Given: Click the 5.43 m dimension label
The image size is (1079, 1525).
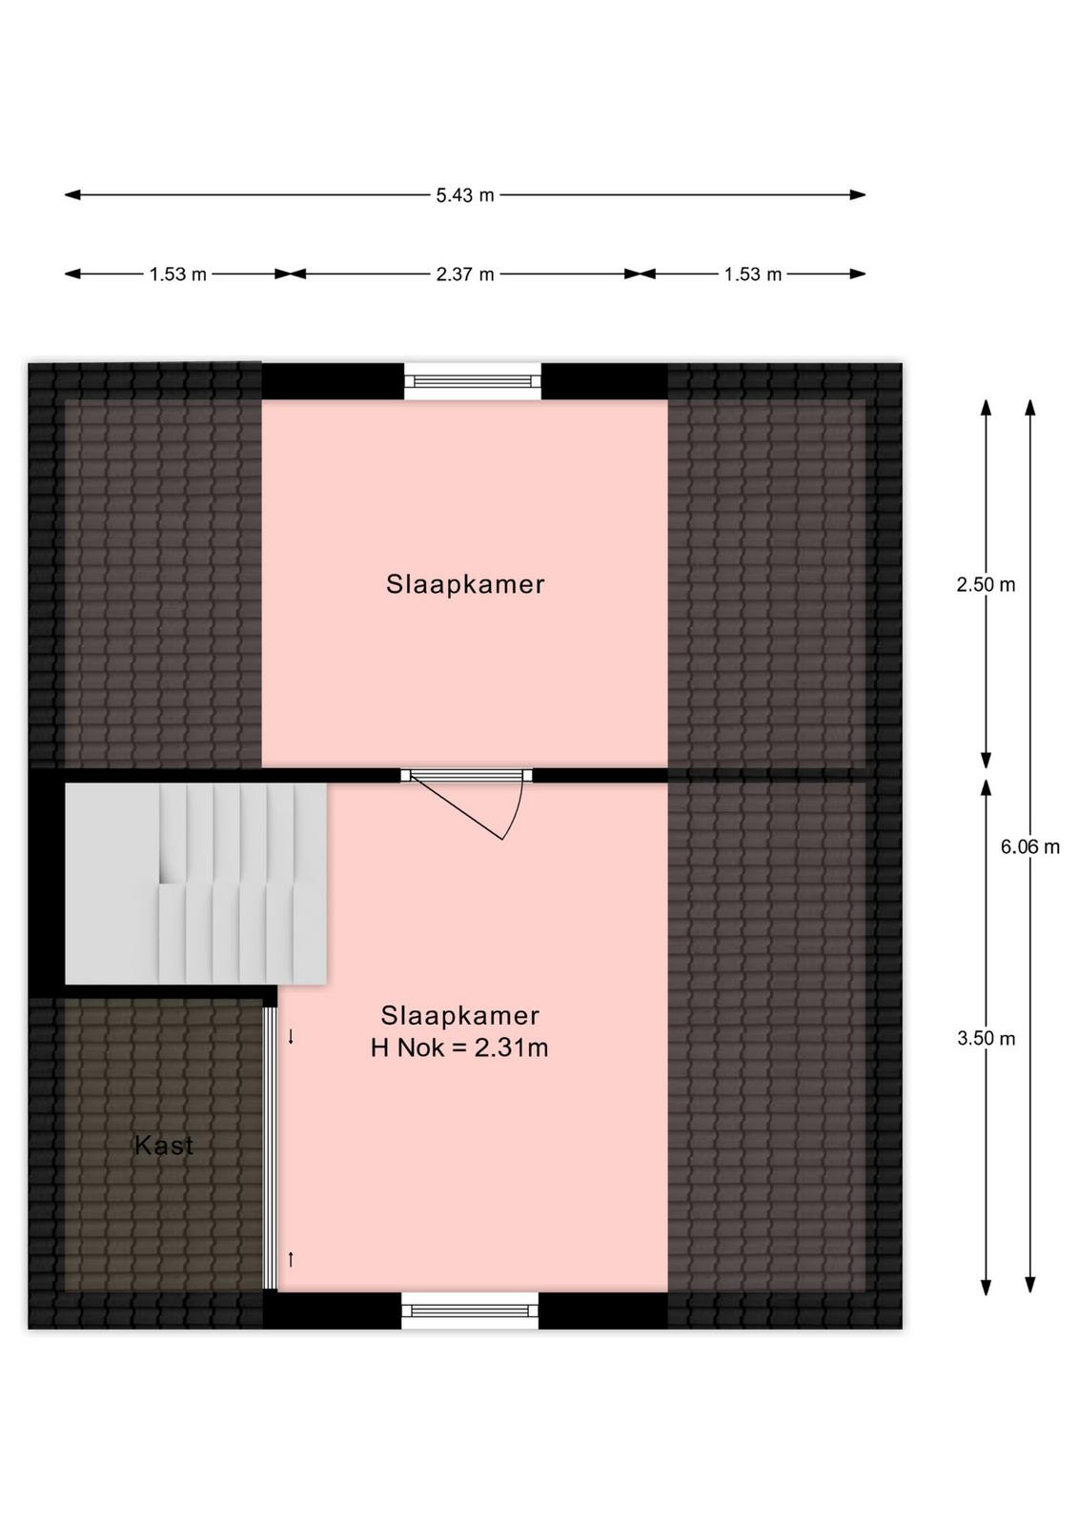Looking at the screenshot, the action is pyautogui.click(x=465, y=195).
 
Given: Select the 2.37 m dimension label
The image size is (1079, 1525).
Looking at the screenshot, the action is pyautogui.click(x=465, y=274).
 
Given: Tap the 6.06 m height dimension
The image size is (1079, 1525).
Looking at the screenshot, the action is pyautogui.click(x=1030, y=846).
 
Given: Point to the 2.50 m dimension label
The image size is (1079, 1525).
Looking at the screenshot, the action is pyautogui.click(x=986, y=584).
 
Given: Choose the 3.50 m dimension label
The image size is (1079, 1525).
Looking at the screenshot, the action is pyautogui.click(x=986, y=1038).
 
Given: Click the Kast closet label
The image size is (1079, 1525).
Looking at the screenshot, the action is pyautogui.click(x=164, y=1145).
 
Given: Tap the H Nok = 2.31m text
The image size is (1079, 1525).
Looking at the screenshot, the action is pyautogui.click(x=459, y=1047).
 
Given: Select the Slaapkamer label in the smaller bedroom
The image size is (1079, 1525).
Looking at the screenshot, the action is pyautogui.click(x=466, y=584).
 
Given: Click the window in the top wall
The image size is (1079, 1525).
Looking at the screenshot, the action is pyautogui.click(x=473, y=381).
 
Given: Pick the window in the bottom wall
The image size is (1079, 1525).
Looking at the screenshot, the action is pyautogui.click(x=470, y=1311).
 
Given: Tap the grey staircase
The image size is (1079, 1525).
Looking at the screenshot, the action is pyautogui.click(x=195, y=883).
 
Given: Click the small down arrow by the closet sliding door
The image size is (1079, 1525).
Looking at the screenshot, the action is pyautogui.click(x=291, y=1036).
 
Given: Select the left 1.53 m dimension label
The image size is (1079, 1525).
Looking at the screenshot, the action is pyautogui.click(x=177, y=274).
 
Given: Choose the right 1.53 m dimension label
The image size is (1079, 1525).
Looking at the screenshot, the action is pyautogui.click(x=752, y=274).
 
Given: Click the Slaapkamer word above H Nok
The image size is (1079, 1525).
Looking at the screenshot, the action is pyautogui.click(x=460, y=1016).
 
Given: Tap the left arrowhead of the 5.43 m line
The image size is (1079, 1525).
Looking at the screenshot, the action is pyautogui.click(x=72, y=195).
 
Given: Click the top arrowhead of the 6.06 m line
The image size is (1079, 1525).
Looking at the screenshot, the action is pyautogui.click(x=1030, y=407).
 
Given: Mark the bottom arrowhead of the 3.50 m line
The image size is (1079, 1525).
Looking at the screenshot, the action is pyautogui.click(x=986, y=1286).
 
